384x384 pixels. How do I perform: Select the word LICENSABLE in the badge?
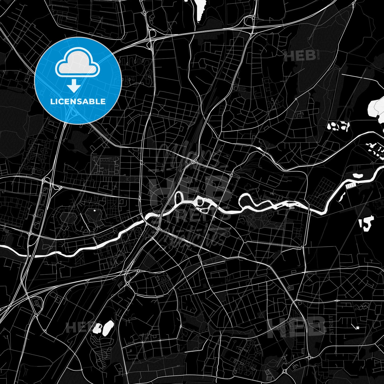pos(78,102)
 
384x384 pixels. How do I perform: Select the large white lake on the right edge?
pos(376,107)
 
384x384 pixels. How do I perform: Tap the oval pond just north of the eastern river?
pos(358,175)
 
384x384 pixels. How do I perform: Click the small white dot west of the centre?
pos(94,210)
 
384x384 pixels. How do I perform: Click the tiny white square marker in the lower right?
pos(358,327)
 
